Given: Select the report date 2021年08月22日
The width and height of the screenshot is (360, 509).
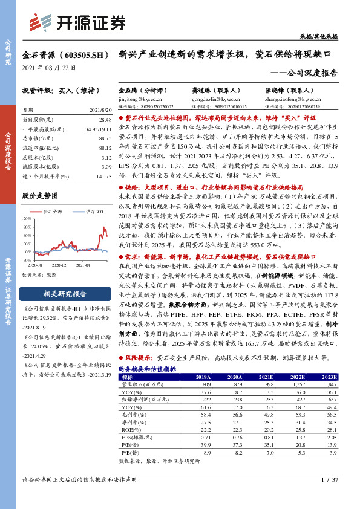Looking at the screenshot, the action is (x=46, y=67).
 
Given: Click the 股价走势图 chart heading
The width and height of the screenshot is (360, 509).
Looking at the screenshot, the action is (x=40, y=196).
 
